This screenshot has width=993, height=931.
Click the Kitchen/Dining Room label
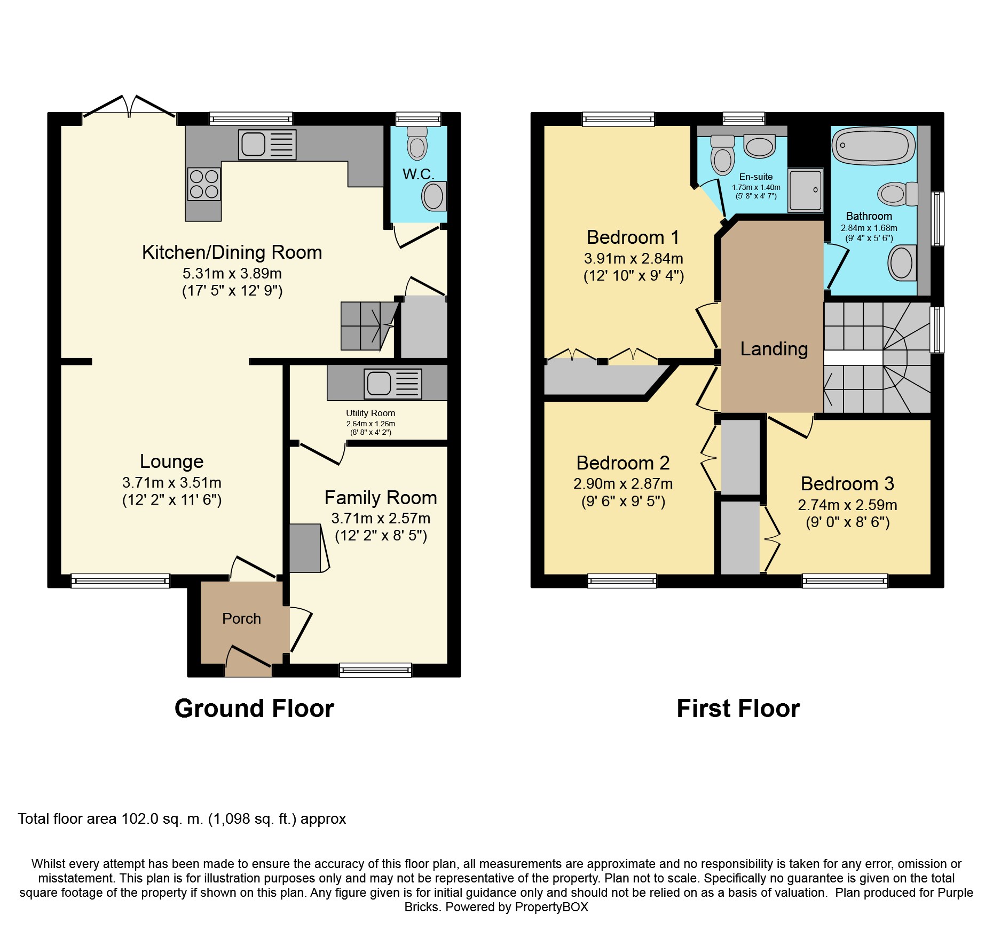point(232,252)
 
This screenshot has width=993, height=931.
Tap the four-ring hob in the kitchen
point(204,184)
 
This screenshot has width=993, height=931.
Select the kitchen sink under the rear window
point(267,145)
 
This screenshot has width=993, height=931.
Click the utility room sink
point(393,384)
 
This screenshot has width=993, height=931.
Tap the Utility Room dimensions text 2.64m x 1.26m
point(371,424)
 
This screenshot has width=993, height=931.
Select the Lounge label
point(171,461)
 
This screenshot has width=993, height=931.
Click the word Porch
point(241,618)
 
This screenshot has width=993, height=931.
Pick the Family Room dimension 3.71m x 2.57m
point(381,518)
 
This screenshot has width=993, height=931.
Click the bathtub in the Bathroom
point(873,146)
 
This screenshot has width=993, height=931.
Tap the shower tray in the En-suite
point(806,190)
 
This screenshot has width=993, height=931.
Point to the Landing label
point(774,349)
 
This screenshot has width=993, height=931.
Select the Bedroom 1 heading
point(633,237)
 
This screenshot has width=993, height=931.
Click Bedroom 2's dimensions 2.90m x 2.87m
point(623,484)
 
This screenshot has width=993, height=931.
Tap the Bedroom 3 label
point(847,484)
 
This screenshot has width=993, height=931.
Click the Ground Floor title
point(254,709)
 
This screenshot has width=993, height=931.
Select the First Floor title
point(738,709)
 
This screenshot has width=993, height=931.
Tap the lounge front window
point(120,581)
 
